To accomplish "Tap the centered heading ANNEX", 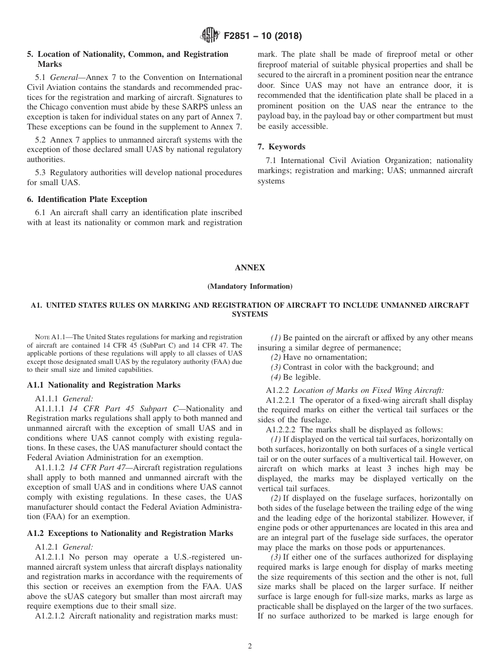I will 250,268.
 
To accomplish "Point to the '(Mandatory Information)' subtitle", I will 250,287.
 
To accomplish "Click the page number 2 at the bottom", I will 250,646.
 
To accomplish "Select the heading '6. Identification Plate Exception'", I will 87,199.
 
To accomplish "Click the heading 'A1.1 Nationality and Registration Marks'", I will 104,385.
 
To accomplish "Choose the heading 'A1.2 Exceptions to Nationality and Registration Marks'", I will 130,533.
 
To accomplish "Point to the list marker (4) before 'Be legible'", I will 276,377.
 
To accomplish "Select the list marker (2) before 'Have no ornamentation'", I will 276,357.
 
